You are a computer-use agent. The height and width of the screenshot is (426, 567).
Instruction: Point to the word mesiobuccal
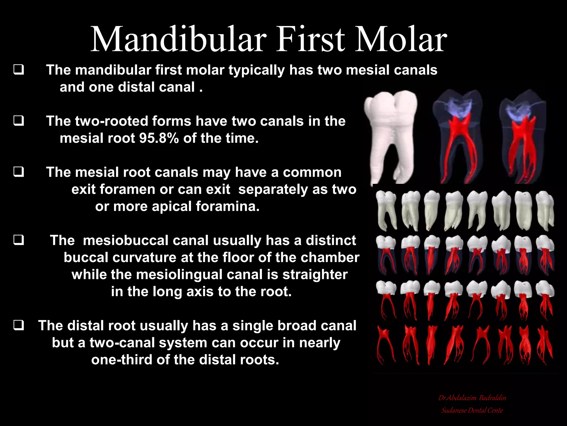click(126, 240)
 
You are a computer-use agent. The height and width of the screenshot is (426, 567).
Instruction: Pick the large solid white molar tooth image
click(390, 137)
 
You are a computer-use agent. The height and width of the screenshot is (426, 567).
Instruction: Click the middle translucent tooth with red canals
click(457, 137)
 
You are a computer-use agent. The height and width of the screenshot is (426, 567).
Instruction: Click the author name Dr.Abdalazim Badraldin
click(472, 398)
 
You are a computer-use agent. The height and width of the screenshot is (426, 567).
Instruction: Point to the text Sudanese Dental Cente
click(472, 410)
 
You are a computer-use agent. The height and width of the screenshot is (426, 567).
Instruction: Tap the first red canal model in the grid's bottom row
click(385, 344)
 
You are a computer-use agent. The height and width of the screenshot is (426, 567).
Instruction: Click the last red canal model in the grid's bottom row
click(545, 344)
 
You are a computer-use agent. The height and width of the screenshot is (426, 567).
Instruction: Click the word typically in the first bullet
click(256, 70)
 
